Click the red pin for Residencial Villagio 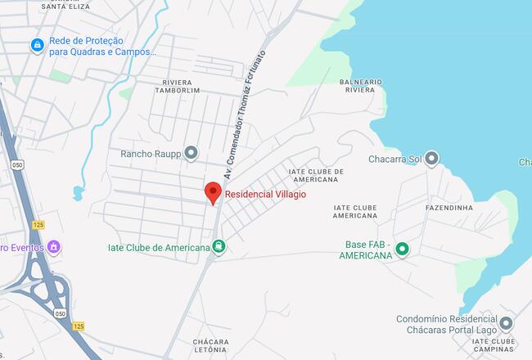[213, 191]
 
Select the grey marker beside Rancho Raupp [192, 152]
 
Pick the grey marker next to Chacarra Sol [431, 158]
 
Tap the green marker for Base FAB [402, 249]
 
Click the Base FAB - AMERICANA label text [366, 250]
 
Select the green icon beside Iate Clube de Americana [219, 246]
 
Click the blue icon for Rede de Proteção [36, 46]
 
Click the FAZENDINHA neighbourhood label [449, 208]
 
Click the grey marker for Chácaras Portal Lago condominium [506, 323]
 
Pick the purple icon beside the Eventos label [54, 246]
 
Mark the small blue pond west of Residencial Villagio [78, 193]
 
